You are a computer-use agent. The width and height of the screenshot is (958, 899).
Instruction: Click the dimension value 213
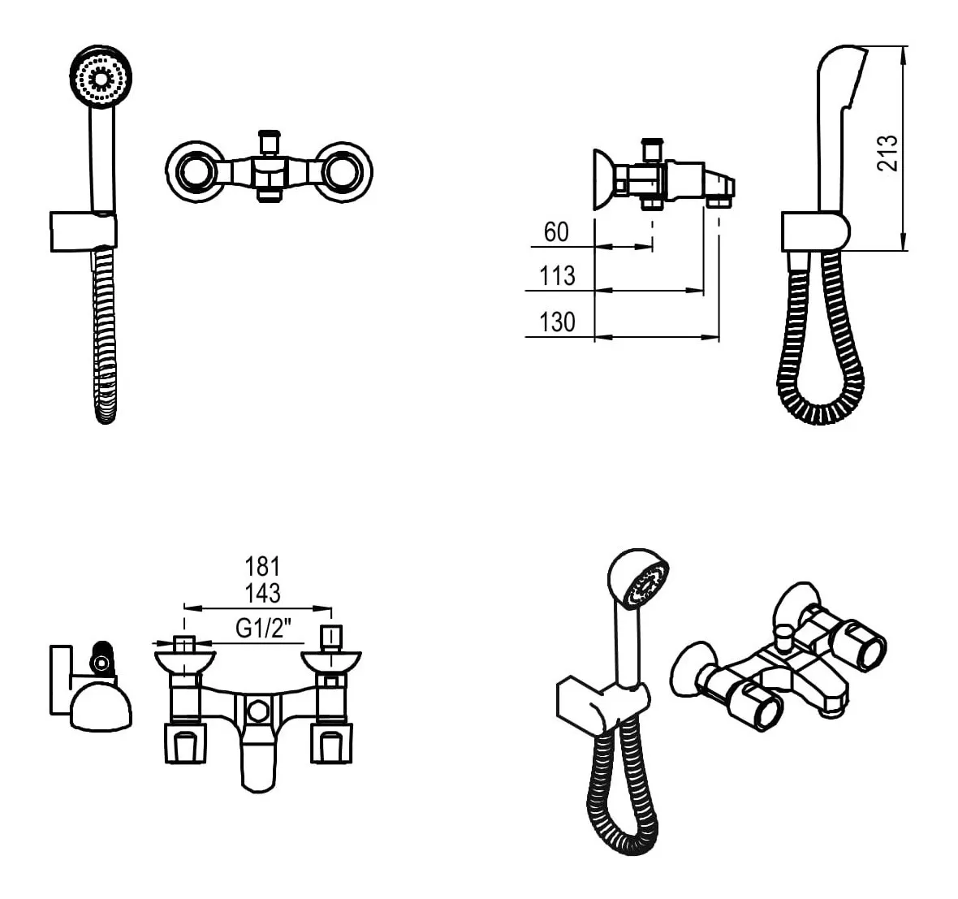(887, 152)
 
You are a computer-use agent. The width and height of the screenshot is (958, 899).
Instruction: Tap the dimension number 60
(556, 232)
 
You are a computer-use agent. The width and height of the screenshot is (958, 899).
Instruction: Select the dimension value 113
(557, 275)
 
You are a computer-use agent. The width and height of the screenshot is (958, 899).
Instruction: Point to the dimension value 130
(557, 322)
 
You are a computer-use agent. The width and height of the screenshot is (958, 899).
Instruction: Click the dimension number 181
(263, 567)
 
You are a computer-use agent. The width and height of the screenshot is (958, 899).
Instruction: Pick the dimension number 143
(263, 593)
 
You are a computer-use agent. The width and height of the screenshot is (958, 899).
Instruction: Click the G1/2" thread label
(264, 629)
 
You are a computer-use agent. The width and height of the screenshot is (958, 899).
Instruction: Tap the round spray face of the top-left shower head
(101, 78)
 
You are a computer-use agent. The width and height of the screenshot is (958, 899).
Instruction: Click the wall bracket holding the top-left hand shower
(83, 231)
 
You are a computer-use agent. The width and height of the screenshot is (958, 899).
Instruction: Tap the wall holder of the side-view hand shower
(815, 231)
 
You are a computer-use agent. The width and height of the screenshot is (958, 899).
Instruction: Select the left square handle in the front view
(185, 742)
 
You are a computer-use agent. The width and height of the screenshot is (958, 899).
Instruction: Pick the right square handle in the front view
(332, 742)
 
